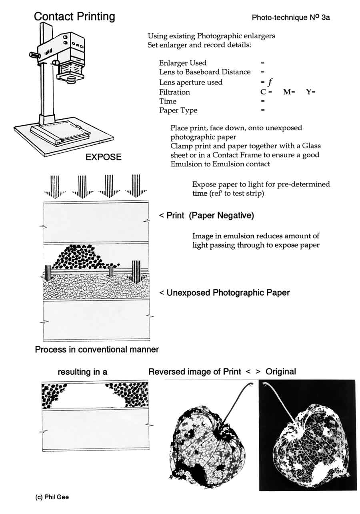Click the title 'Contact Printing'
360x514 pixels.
[74, 16]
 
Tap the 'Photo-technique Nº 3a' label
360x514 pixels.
[291, 18]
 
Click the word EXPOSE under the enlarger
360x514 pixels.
[103, 157]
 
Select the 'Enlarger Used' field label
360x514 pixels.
[183, 63]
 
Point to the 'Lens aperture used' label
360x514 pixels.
[191, 82]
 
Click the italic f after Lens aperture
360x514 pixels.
[270, 82]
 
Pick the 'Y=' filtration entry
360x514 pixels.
[311, 92]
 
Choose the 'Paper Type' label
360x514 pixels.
[178, 110]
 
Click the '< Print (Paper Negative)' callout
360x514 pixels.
[206, 216]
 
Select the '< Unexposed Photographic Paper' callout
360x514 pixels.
[224, 293]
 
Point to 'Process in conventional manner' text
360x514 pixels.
[97, 350]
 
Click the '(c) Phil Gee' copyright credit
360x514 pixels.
[52, 497]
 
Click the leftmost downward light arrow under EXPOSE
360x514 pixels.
[55, 186]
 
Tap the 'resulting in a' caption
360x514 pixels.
[82, 372]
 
